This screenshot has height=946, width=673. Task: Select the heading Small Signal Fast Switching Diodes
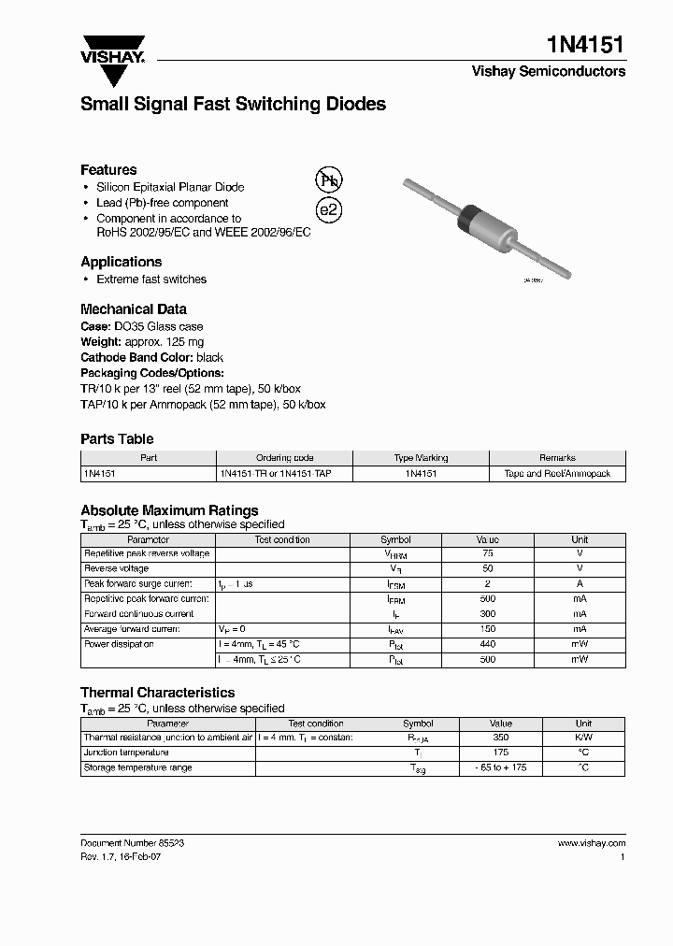(x=233, y=105)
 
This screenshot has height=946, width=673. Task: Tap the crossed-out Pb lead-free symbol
(x=328, y=180)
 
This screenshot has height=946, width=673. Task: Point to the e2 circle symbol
(x=328, y=210)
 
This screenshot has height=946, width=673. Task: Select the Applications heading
(x=121, y=262)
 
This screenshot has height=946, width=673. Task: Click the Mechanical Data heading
(x=133, y=308)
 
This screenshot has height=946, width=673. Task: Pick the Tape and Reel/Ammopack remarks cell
(x=557, y=474)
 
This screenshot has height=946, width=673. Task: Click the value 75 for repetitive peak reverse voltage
(x=487, y=554)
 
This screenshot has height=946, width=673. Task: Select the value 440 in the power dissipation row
(x=487, y=645)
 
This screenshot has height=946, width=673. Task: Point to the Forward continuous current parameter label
(x=139, y=614)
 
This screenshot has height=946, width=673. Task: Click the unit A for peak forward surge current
(x=580, y=583)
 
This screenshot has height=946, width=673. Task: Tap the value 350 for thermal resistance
(x=500, y=738)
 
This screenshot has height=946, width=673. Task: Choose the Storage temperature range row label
(x=137, y=767)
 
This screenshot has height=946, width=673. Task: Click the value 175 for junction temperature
(x=500, y=752)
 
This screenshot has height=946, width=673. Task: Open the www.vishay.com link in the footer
(x=591, y=842)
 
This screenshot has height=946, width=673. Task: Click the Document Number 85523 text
(x=132, y=842)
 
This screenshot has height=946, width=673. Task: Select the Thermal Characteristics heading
(x=157, y=693)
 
